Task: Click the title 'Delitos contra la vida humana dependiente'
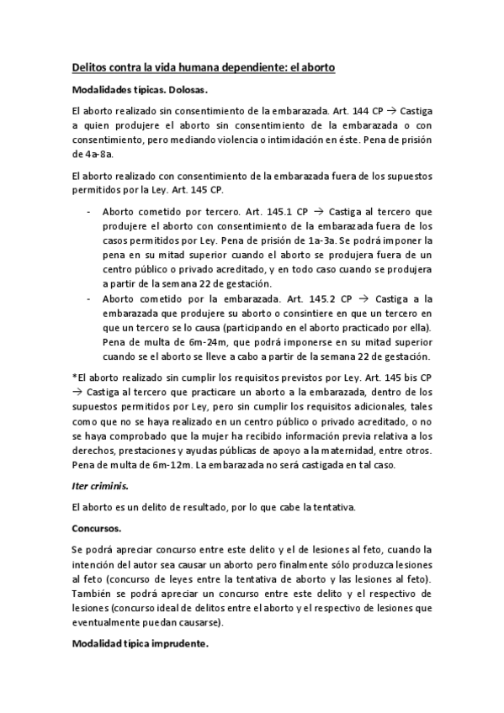[x=203, y=66]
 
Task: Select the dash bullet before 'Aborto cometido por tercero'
[x=88, y=212]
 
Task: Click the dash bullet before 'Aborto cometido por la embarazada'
[x=88, y=298]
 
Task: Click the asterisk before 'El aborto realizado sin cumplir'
[x=74, y=378]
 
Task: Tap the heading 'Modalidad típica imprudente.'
[x=140, y=647]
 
